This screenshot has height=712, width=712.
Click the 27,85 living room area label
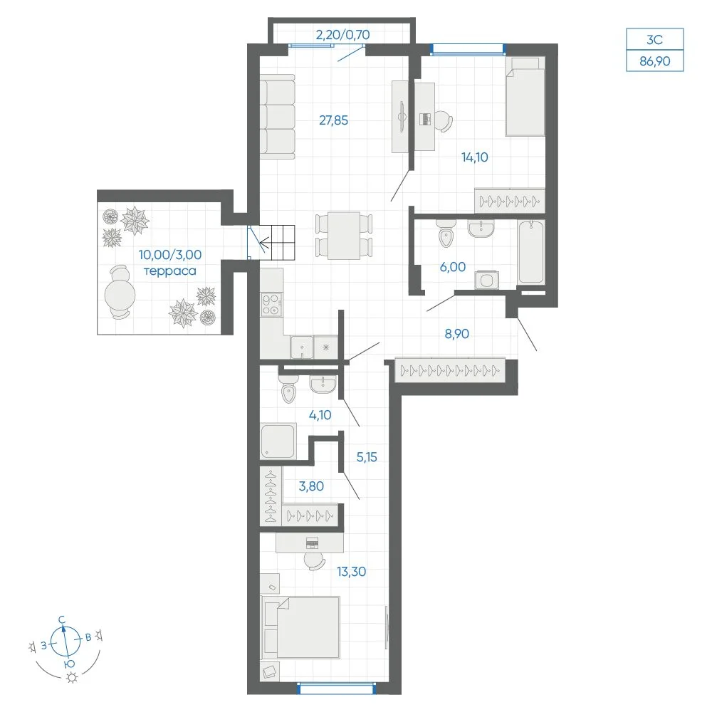click(x=333, y=120)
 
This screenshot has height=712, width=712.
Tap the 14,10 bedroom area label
click(x=474, y=157)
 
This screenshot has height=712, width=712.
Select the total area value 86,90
click(x=654, y=61)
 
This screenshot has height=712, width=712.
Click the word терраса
click(x=170, y=271)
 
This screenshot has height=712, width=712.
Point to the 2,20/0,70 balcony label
click(x=343, y=34)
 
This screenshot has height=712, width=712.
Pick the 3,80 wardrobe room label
click(x=311, y=486)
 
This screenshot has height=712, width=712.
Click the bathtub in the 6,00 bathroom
click(x=531, y=252)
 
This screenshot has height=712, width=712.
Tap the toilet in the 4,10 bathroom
click(x=288, y=389)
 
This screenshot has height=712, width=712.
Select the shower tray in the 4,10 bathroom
click(x=278, y=441)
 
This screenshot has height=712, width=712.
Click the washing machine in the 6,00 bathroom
click(x=486, y=280)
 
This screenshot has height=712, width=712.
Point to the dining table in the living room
click(x=344, y=236)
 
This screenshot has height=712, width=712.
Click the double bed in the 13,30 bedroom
click(x=301, y=627)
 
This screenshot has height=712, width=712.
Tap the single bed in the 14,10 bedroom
click(x=525, y=96)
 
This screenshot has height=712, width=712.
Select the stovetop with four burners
click(x=271, y=304)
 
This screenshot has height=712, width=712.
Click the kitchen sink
click(x=301, y=347)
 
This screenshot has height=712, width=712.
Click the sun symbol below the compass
click(x=72, y=678)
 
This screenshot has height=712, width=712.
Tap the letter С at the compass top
click(x=62, y=620)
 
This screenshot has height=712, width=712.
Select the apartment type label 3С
click(x=654, y=39)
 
